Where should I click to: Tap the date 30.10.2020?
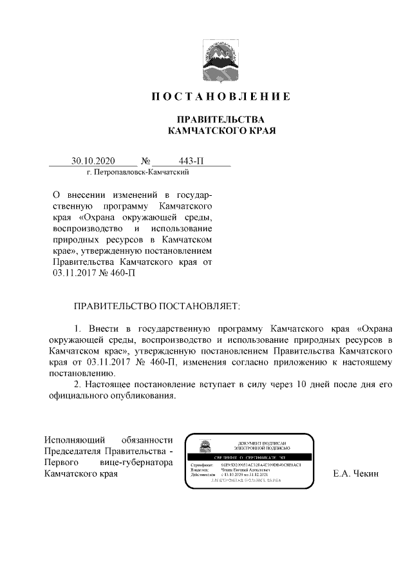point(93,161)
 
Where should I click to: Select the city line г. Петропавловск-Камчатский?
point(138,173)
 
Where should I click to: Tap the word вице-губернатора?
point(135,463)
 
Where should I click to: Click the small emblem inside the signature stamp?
point(202,447)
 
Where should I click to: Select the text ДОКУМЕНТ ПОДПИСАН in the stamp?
point(261,443)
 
